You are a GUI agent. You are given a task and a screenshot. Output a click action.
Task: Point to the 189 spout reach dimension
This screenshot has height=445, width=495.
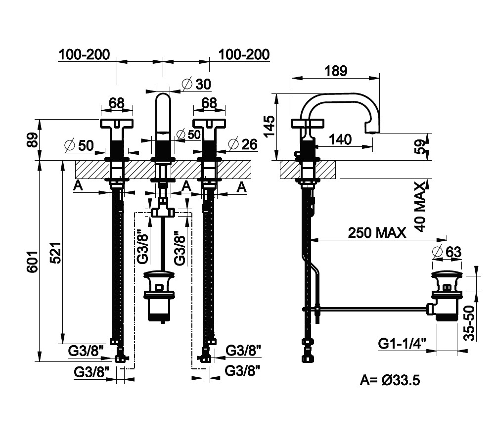(x=336, y=70)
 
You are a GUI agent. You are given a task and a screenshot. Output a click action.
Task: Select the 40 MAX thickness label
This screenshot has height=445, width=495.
(x=420, y=206)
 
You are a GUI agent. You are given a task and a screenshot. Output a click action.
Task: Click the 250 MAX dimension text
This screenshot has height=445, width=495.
(x=377, y=232)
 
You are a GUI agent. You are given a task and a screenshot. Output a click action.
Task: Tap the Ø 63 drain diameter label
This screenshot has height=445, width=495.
(x=447, y=252)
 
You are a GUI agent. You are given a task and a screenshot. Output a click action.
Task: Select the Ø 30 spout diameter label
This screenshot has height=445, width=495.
(x=196, y=84)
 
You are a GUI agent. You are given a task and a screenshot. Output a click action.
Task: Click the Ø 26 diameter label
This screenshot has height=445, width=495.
(x=243, y=144)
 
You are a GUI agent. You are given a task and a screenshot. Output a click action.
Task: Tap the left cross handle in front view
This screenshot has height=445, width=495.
(x=117, y=124)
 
